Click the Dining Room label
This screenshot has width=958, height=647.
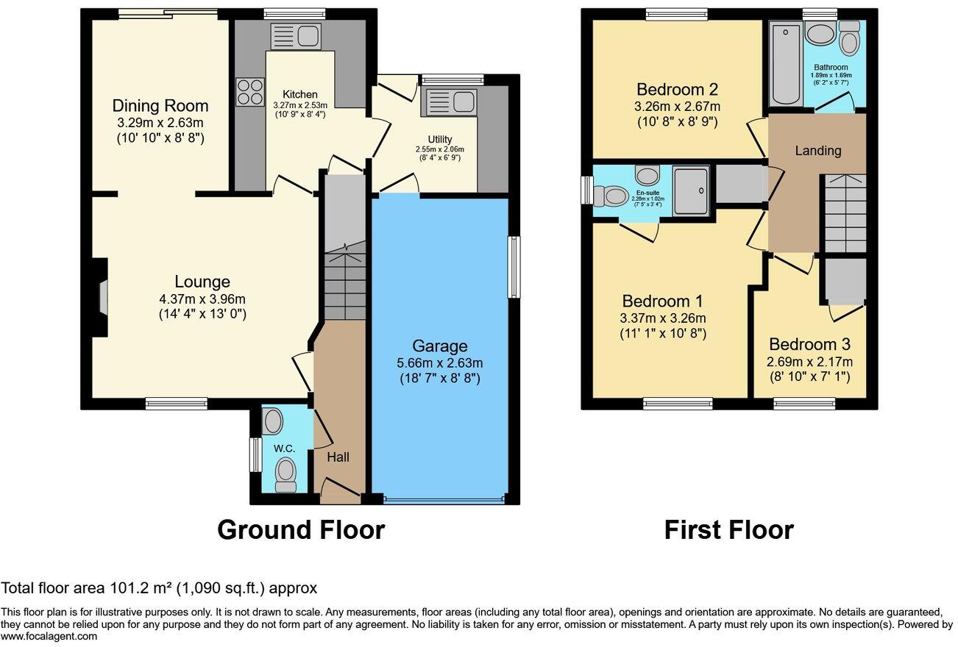coord(160,106)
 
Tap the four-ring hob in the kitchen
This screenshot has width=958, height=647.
coord(250,92)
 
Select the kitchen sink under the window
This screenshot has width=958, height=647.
coord(294,37)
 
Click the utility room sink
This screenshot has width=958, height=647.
coord(448,103)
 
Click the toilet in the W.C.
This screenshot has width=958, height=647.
coord(285,474)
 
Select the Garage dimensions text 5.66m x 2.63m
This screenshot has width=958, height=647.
coord(440,363)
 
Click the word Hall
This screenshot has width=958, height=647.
coord(338,457)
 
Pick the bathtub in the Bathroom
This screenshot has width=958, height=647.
coord(786,63)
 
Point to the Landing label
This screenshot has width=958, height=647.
coord(817,151)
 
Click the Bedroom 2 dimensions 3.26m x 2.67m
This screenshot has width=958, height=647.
coord(677,107)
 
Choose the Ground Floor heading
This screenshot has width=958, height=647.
coord(301,529)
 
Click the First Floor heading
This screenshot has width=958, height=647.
coord(728,529)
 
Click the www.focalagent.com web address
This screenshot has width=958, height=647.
coord(49,637)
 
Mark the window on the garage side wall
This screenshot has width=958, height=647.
coord(513,267)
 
